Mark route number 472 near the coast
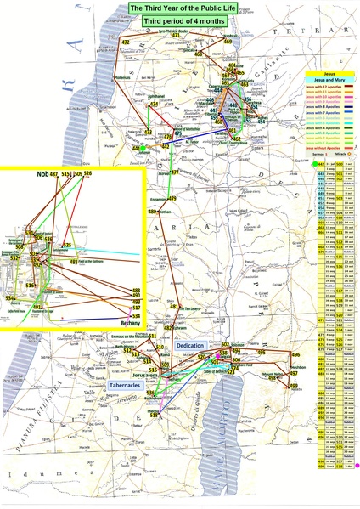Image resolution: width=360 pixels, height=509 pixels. click(126, 42)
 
